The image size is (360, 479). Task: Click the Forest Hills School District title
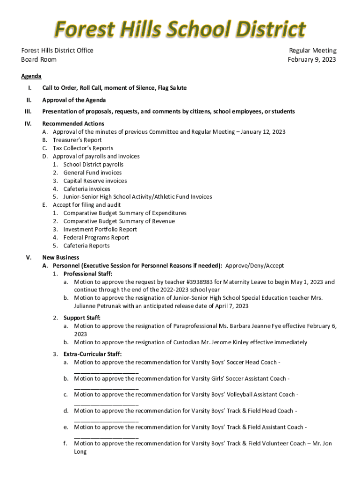[180, 29]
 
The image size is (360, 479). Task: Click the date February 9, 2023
[312, 59]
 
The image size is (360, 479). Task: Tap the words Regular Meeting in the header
[312, 51]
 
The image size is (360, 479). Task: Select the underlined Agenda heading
[31, 76]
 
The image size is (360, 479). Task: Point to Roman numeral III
[28, 112]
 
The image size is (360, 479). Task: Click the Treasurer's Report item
[77, 140]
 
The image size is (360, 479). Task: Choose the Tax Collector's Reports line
[83, 148]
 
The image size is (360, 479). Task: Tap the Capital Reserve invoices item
[95, 181]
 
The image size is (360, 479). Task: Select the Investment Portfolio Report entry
[100, 229]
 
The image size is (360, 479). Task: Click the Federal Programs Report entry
[96, 238]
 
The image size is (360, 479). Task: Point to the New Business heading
[61, 257]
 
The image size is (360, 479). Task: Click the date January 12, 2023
[264, 132]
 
